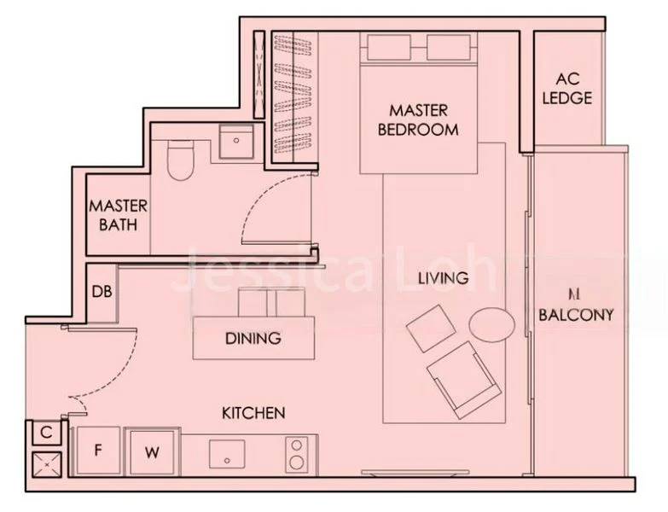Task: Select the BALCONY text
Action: pyautogui.click(x=576, y=315)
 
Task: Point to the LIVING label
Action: pyautogui.click(x=443, y=278)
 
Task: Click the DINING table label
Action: pyautogui.click(x=253, y=338)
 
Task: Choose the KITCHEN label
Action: pyautogui.click(x=253, y=413)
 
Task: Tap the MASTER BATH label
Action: pyautogui.click(x=118, y=216)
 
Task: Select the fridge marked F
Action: pyautogui.click(x=98, y=450)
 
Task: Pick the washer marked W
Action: pyautogui.click(x=151, y=450)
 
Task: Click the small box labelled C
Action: pyautogui.click(x=47, y=433)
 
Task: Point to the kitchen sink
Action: pyautogui.click(x=227, y=452)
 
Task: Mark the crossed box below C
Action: pyautogui.click(x=46, y=465)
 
